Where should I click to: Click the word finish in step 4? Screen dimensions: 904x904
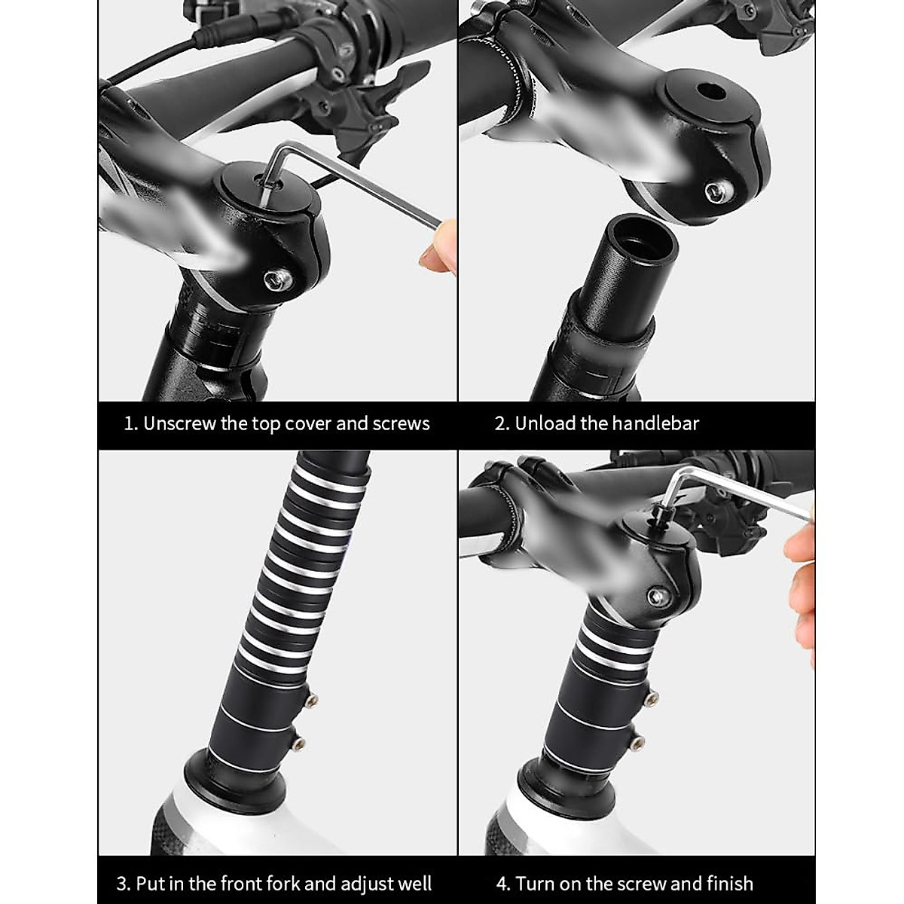pos(729,883)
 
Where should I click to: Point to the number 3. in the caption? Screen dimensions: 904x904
pos(124,883)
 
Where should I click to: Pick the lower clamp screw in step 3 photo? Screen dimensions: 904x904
pos(301,744)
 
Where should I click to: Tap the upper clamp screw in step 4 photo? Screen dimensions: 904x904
pos(652,698)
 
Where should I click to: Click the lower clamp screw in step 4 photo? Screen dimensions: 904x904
pos(639,744)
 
